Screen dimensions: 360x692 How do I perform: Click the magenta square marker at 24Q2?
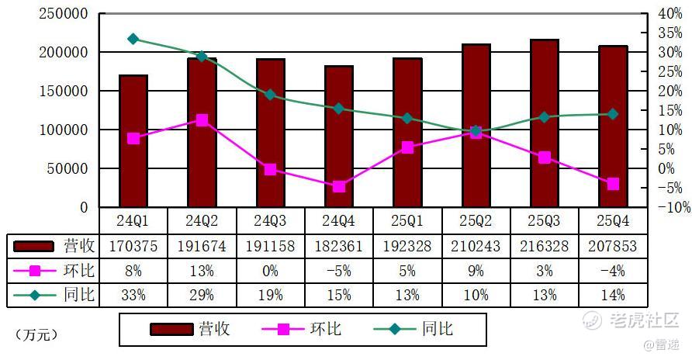click(x=202, y=120)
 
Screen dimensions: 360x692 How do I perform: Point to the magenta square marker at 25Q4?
click(x=613, y=184)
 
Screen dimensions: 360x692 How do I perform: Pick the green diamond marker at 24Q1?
click(x=133, y=39)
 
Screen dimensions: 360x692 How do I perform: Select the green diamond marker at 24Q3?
click(x=270, y=95)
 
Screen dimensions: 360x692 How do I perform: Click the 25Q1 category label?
click(x=407, y=220)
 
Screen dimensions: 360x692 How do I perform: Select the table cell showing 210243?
click(x=476, y=246)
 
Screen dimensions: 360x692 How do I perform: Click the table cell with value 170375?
click(x=133, y=246)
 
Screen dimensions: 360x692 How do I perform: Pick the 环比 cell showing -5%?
click(x=339, y=271)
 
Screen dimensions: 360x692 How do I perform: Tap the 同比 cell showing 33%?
click(x=133, y=295)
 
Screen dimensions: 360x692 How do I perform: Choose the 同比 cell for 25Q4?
click(x=613, y=295)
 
